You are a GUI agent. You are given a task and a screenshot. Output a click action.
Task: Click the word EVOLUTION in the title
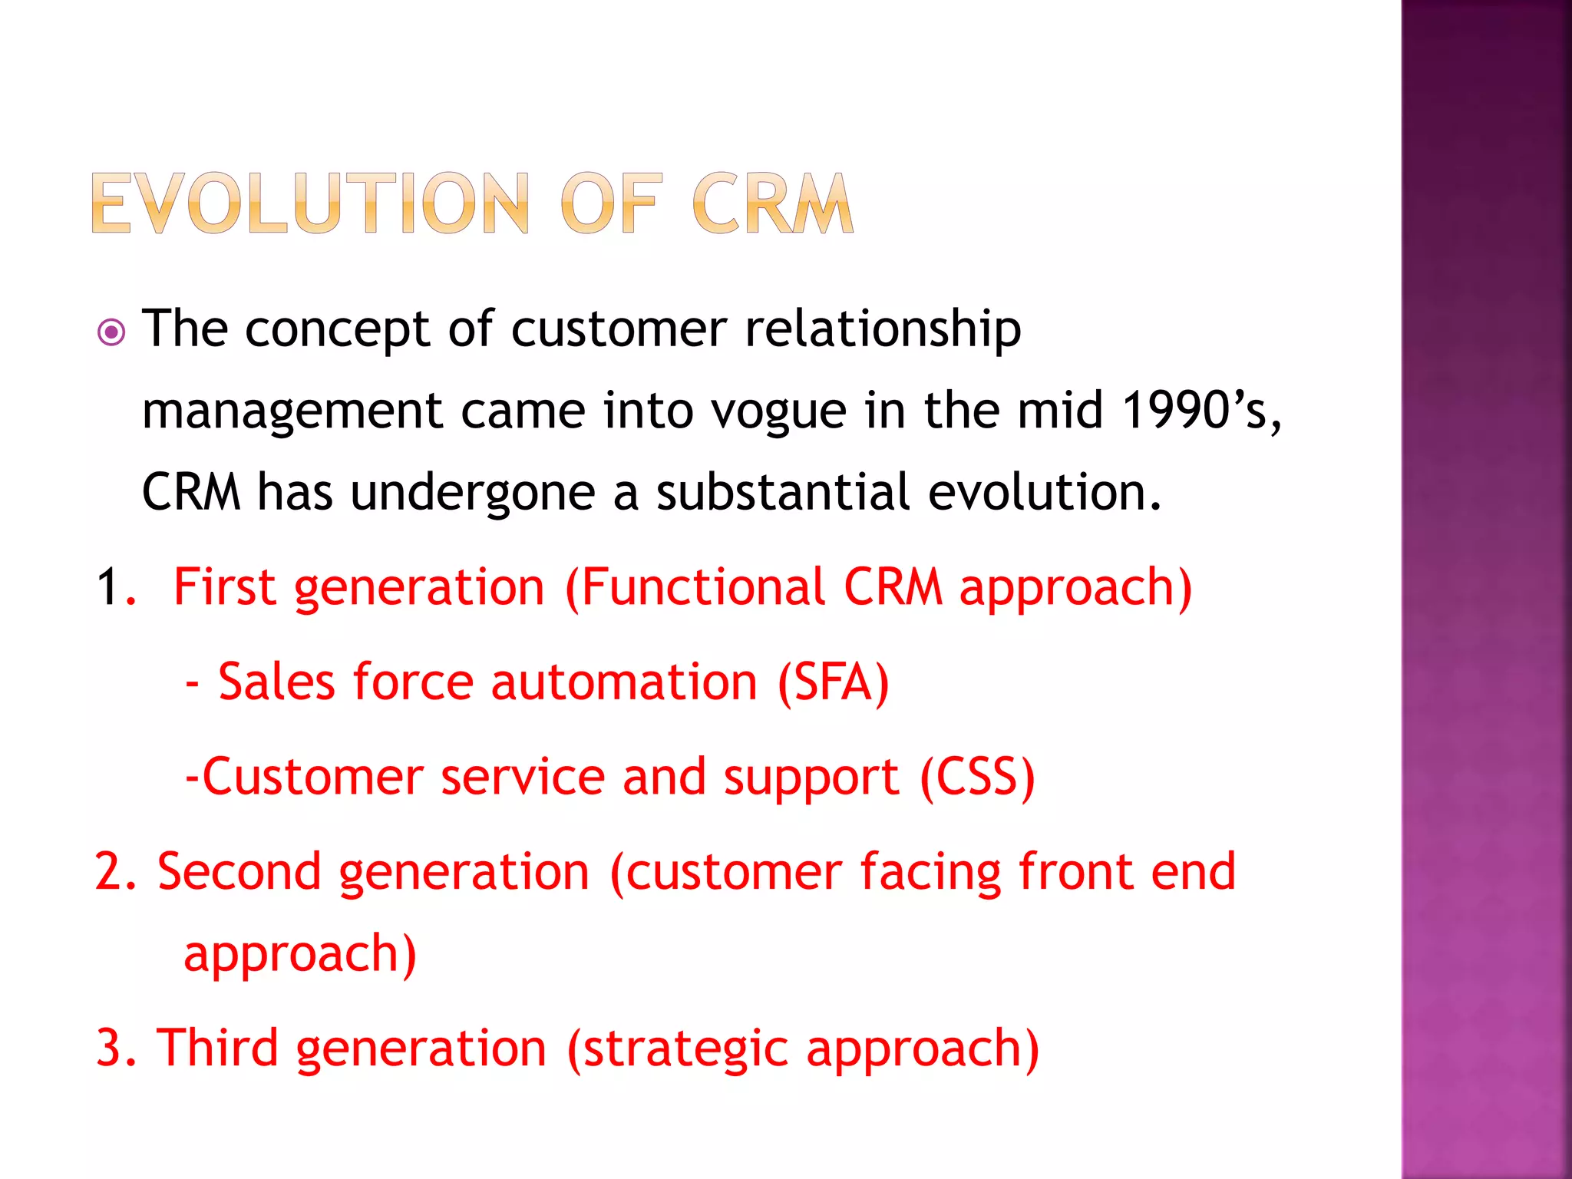pyautogui.click(x=310, y=203)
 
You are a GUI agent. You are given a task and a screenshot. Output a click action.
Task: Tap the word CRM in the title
pyautogui.click(x=772, y=203)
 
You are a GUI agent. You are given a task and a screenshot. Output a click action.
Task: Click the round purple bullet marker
pyautogui.click(x=112, y=332)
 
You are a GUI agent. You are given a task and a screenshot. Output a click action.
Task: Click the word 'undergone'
pyautogui.click(x=473, y=494)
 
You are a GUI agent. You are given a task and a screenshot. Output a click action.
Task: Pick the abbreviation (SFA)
pyautogui.click(x=834, y=682)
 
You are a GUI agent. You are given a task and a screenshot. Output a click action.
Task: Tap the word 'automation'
pyautogui.click(x=624, y=682)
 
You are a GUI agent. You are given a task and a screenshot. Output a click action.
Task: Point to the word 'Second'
pyautogui.click(x=239, y=873)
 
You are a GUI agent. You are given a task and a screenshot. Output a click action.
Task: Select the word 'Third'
pyautogui.click(x=217, y=1049)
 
